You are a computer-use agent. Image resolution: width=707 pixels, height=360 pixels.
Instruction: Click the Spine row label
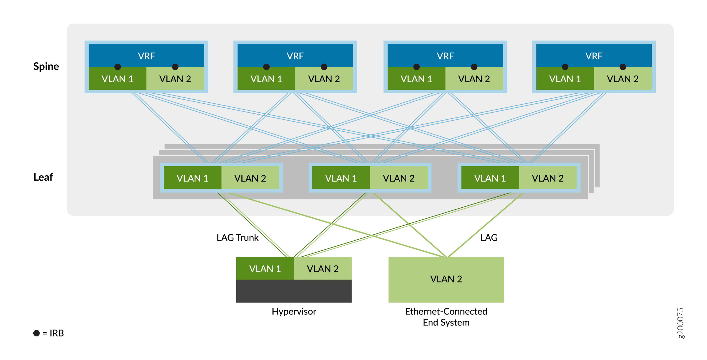[x=46, y=66]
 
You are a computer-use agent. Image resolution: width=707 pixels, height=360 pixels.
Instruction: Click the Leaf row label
[x=43, y=177]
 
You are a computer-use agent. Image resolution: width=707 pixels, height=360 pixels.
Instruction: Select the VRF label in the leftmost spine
[x=146, y=56]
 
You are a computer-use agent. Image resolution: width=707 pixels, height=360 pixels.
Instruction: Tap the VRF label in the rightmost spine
[x=594, y=56]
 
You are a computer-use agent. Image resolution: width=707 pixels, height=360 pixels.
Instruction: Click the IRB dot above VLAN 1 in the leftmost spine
[x=118, y=67]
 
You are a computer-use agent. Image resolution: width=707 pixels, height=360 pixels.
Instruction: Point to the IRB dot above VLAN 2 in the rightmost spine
[x=622, y=67]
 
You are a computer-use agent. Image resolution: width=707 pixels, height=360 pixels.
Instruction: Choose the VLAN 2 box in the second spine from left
[x=324, y=79]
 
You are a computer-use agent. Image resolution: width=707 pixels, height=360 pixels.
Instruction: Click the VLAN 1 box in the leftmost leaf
[x=192, y=178]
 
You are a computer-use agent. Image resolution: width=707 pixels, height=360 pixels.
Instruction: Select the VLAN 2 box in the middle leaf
[x=398, y=178]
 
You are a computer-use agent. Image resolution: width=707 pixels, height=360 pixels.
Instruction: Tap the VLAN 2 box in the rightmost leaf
[x=547, y=178]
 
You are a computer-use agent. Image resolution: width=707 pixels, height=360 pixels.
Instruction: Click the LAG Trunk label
[x=237, y=237]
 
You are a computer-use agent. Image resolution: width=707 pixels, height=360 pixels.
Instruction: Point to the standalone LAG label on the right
[x=489, y=237]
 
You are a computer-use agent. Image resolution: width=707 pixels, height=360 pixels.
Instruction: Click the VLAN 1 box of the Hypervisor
[x=265, y=269]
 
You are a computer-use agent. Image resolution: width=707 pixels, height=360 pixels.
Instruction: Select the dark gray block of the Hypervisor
[x=294, y=291]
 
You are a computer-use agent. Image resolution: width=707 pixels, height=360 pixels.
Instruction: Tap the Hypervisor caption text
[x=294, y=311]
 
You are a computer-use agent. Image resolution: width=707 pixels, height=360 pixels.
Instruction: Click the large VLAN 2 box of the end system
[x=446, y=279]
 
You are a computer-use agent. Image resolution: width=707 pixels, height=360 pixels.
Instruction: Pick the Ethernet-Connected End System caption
[x=446, y=317]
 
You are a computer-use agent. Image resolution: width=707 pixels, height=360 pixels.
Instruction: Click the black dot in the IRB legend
[x=36, y=333]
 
